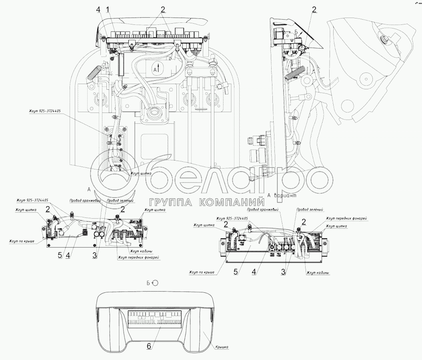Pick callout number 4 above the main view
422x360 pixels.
click(98, 9)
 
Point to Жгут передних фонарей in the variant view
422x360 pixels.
click(346, 218)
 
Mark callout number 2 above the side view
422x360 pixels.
click(314, 9)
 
